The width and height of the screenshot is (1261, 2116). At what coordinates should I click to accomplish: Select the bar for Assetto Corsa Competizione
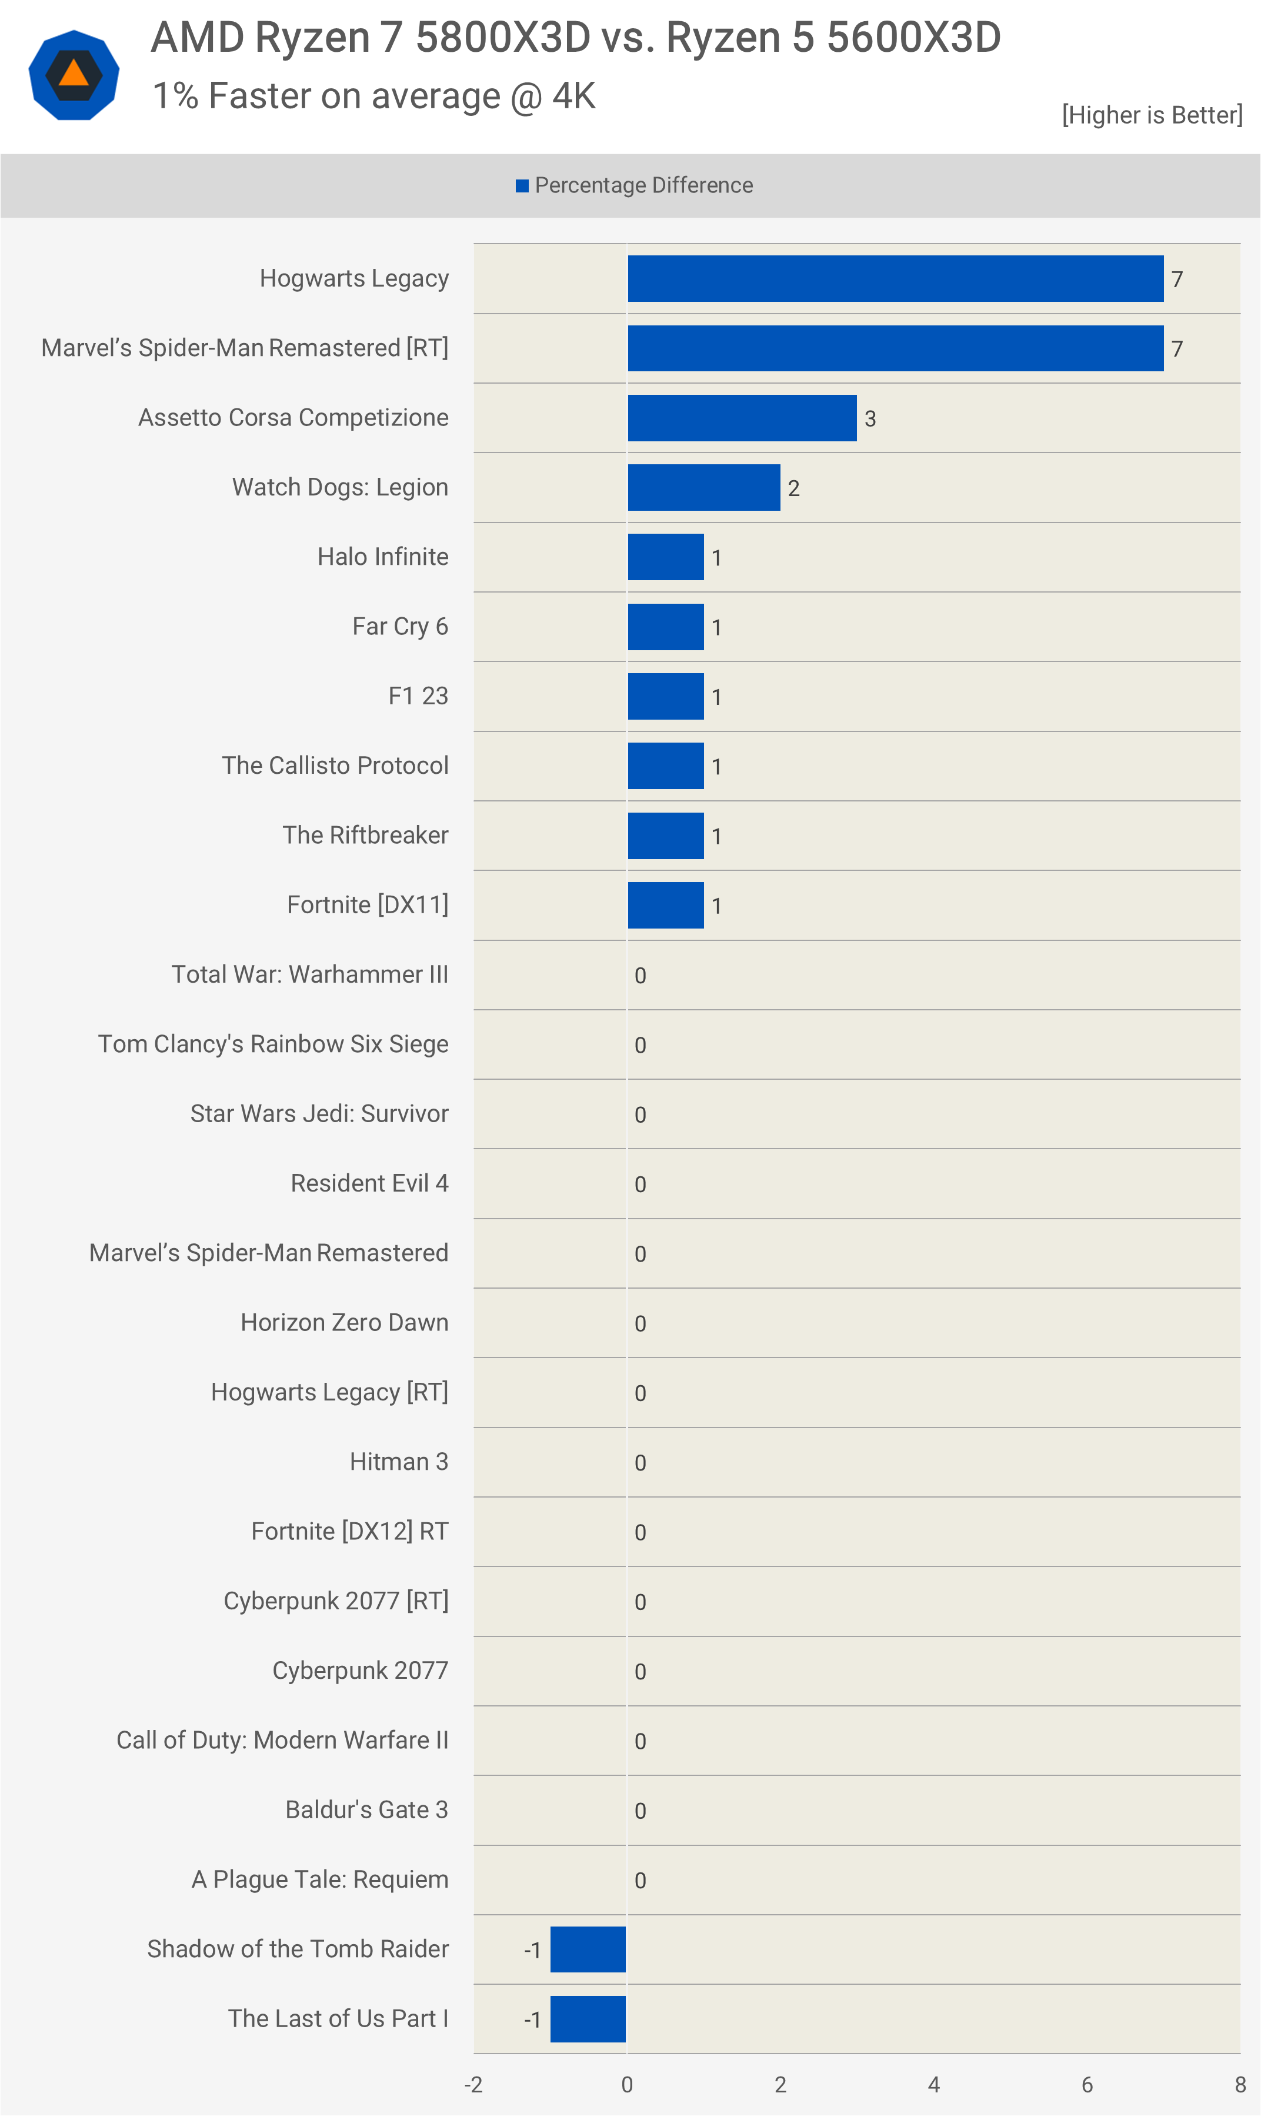click(x=742, y=418)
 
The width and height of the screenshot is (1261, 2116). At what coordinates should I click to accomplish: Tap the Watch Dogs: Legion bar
click(x=703, y=488)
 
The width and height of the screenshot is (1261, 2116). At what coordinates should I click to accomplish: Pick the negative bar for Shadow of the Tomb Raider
click(x=588, y=1949)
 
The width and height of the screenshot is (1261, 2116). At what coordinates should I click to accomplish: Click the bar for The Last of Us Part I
click(x=588, y=2019)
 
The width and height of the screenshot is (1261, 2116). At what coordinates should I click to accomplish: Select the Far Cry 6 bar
click(x=665, y=627)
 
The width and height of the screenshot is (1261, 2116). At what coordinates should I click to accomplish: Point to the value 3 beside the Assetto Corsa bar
click(x=870, y=419)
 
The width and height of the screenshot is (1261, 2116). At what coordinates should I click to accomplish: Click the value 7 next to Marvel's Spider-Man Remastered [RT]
click(x=1177, y=350)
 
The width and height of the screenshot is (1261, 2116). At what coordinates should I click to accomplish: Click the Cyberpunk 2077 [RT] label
click(x=336, y=1601)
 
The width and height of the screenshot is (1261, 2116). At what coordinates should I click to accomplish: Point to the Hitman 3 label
click(x=399, y=1462)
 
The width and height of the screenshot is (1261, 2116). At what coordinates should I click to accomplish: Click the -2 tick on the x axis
click(x=473, y=2085)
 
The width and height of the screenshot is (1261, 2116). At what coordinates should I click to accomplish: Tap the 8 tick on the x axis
click(x=1240, y=2085)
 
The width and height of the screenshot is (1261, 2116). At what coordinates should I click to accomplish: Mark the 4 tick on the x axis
click(x=934, y=2085)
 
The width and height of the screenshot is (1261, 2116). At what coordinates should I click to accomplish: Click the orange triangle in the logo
click(x=74, y=74)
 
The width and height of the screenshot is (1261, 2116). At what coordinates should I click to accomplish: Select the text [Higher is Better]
click(x=1152, y=115)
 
